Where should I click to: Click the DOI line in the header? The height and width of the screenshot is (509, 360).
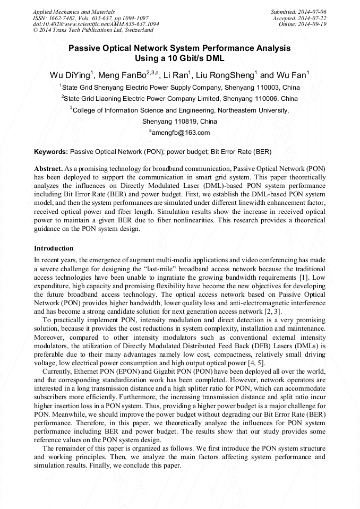(96, 24)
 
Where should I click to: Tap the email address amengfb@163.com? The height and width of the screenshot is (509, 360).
(181, 133)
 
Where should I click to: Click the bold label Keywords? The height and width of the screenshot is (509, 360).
(51, 152)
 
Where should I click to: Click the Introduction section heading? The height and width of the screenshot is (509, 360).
(54, 248)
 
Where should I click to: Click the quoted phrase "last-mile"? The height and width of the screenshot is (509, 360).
(167, 270)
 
